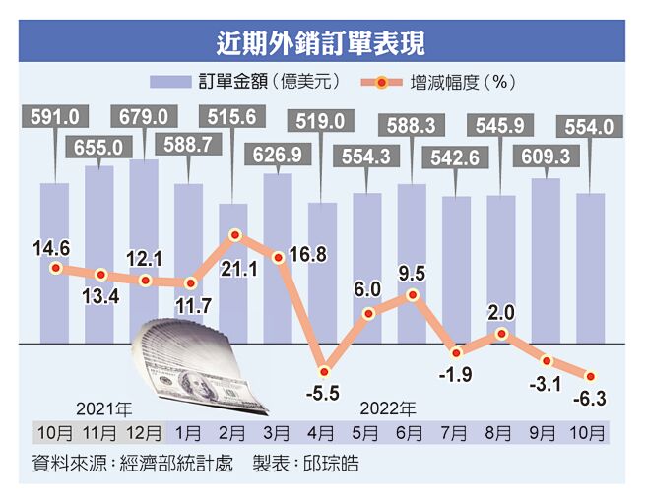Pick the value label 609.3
[545, 157]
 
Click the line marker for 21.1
[234, 235]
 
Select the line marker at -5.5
[323, 363]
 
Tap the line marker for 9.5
[413, 294]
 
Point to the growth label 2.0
[501, 313]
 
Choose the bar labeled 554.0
[590, 266]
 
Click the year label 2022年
[387, 407]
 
